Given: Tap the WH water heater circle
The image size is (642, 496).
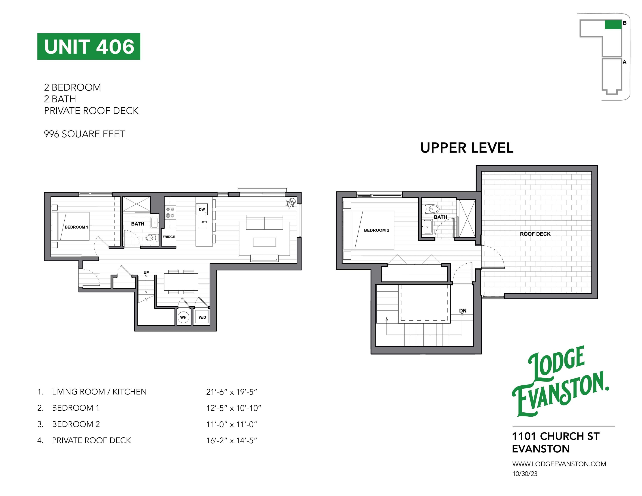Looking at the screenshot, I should [183, 317].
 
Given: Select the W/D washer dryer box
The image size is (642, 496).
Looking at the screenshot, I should [202, 317].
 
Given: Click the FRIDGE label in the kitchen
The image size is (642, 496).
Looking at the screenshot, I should [169, 236].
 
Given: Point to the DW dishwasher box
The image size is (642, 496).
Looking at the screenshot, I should [202, 209].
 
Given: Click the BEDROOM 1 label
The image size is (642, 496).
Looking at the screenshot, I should [76, 227].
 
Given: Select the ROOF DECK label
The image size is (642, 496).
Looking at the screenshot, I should [535, 234].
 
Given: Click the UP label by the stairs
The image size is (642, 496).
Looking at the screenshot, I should [146, 272].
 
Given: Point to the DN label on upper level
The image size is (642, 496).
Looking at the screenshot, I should [463, 310].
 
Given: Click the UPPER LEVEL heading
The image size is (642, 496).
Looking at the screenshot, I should [467, 148].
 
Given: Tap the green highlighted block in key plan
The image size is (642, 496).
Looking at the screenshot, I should [613, 25].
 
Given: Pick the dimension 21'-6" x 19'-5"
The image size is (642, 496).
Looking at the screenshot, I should [231, 392].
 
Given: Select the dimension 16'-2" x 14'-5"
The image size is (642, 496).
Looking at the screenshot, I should [231, 440].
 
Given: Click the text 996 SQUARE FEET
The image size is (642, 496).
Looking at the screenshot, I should [84, 134].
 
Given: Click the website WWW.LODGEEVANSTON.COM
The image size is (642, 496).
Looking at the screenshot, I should [559, 464].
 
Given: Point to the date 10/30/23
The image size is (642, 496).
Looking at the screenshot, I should [525, 474].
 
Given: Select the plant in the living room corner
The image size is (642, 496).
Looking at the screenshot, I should [291, 203].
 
